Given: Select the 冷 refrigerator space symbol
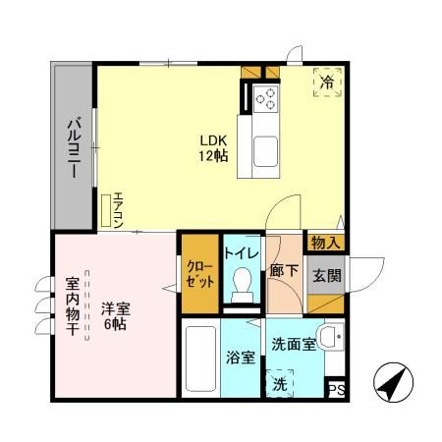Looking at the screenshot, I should [325, 83].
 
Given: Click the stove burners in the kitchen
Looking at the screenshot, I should [266, 96].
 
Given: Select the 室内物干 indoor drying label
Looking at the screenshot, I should [73, 304].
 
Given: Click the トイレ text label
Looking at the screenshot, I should [242, 251].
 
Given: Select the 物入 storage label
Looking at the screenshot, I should [325, 243].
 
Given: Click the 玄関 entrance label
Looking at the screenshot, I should [326, 277].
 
